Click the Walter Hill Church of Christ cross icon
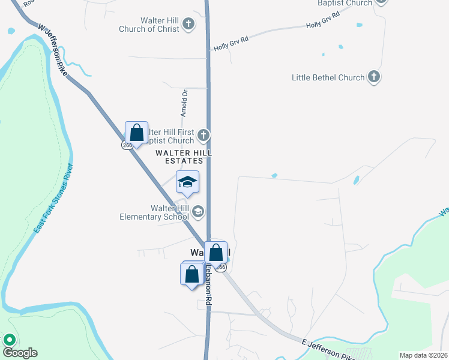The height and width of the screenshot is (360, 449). (x=188, y=24)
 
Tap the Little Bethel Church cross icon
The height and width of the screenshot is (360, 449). (x=374, y=77)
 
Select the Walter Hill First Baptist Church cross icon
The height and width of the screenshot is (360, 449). (x=204, y=135)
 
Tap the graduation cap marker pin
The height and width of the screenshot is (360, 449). (x=187, y=182)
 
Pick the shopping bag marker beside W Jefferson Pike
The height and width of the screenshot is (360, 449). (x=137, y=133)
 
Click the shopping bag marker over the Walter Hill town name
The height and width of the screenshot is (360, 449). (x=216, y=253)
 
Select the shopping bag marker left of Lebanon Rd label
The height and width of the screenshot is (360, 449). (x=191, y=275)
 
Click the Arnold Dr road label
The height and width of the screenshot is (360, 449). (x=185, y=103)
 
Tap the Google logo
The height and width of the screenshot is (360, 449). (x=20, y=353)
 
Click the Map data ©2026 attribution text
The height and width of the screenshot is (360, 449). (x=424, y=355)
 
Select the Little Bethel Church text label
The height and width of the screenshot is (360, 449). (x=328, y=77)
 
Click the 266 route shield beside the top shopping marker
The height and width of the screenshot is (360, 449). (x=127, y=145)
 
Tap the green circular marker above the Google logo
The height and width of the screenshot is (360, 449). (x=10, y=340)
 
